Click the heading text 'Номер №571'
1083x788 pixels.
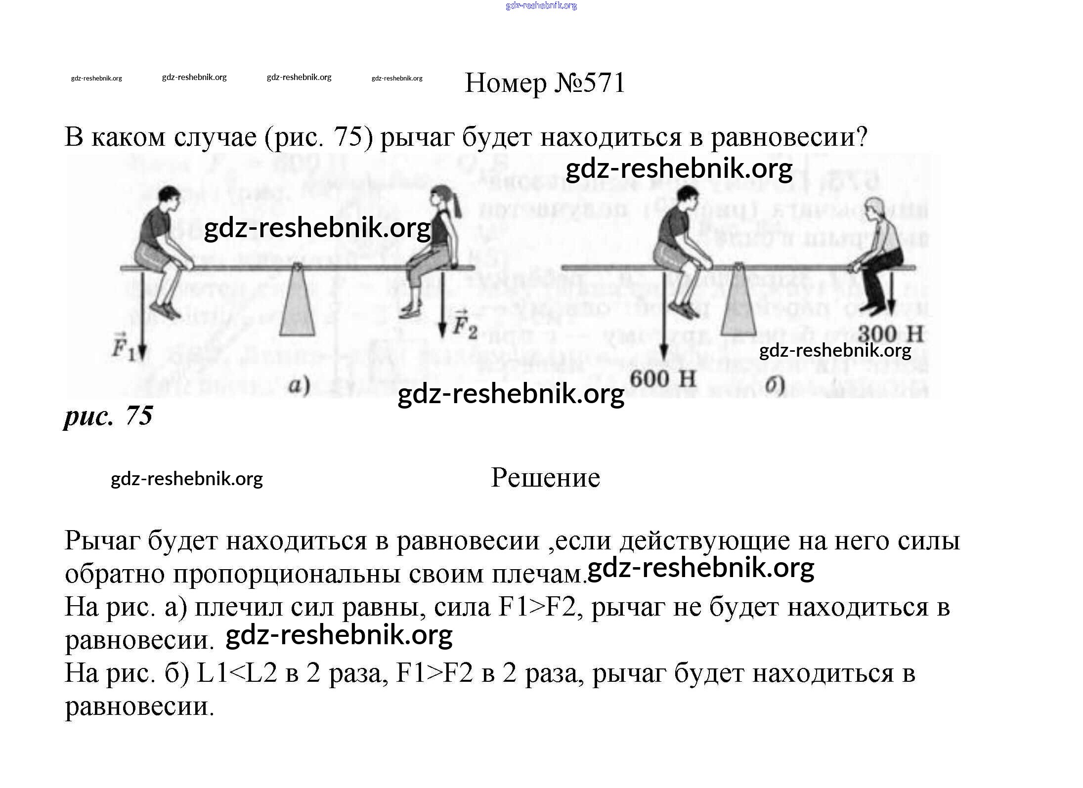point(545,83)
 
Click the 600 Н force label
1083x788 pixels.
point(663,379)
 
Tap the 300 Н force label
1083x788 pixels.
point(890,334)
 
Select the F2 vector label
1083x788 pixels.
point(465,324)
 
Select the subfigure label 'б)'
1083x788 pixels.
point(775,386)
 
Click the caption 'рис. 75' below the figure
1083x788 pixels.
point(108,416)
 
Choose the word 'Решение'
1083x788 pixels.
point(545,478)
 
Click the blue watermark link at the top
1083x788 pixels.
point(541,6)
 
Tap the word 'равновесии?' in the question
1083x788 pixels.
point(789,137)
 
